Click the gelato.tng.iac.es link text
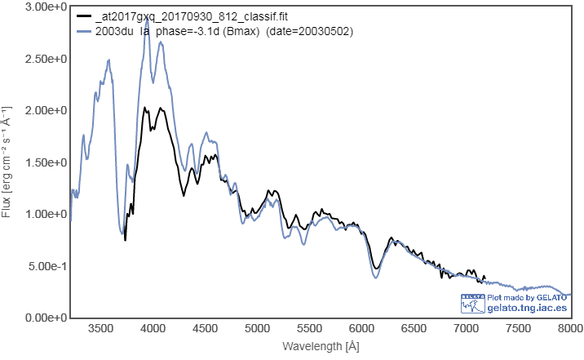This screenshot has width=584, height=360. (x=526, y=308)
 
